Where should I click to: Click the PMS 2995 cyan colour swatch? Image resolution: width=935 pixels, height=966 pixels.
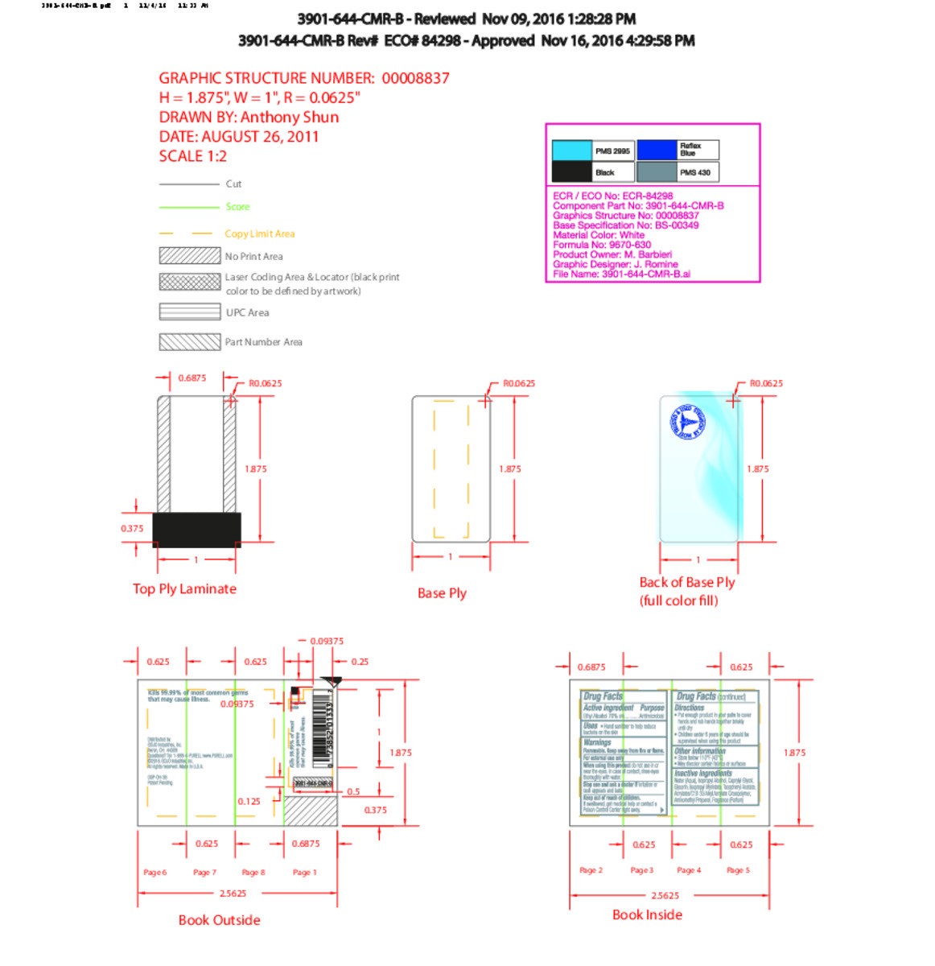(x=571, y=151)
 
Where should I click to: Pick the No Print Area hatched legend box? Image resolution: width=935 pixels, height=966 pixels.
(x=189, y=256)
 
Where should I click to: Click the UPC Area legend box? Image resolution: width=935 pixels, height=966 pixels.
(x=189, y=312)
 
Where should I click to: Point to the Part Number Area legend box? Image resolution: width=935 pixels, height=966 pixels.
(x=189, y=342)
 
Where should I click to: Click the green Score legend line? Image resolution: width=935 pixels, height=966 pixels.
(x=189, y=207)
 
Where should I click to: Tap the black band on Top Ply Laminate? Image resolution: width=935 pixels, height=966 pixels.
(x=196, y=530)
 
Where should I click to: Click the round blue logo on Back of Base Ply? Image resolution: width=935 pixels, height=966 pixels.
(x=687, y=422)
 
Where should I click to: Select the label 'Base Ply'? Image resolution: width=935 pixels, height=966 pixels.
(x=442, y=593)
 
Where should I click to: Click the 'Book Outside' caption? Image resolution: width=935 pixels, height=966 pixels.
(x=219, y=920)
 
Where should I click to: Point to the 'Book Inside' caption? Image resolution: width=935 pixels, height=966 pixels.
(x=647, y=914)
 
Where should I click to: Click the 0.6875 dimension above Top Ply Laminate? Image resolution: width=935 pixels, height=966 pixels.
(x=192, y=378)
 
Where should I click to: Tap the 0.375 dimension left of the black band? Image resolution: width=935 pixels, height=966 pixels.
(x=132, y=529)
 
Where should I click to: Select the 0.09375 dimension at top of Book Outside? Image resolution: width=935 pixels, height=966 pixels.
(x=327, y=642)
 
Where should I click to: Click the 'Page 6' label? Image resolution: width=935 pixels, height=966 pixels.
(x=154, y=872)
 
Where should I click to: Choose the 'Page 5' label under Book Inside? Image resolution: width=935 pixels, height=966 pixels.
(x=738, y=870)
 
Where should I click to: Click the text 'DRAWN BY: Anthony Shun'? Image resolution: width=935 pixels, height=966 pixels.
(x=249, y=118)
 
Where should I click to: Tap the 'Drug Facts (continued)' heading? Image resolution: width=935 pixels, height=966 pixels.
(x=711, y=696)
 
